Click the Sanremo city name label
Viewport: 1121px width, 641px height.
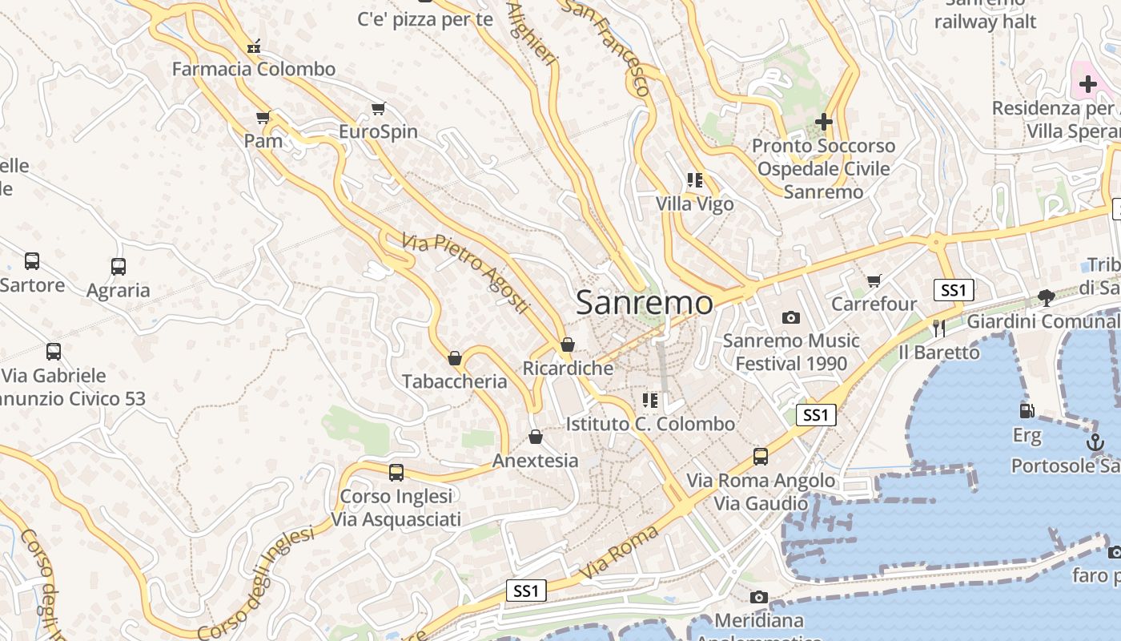click(644, 303)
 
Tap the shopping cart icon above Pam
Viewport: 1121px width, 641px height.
click(263, 118)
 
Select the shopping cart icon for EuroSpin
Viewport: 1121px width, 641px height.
click(379, 108)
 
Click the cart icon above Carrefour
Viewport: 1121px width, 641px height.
click(874, 280)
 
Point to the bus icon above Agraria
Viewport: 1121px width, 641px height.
click(119, 267)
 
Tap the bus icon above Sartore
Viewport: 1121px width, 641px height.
click(32, 261)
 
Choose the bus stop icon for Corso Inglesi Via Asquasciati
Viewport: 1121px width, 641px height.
click(396, 473)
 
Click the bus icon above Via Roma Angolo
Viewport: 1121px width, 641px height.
click(761, 457)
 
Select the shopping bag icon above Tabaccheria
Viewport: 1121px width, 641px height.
click(455, 358)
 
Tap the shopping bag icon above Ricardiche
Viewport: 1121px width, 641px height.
click(568, 345)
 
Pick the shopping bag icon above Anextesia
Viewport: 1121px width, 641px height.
click(536, 437)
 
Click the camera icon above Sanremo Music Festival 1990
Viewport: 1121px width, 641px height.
click(791, 318)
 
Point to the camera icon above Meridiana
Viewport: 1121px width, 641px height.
click(759, 597)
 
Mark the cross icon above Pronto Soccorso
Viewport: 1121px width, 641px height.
click(823, 122)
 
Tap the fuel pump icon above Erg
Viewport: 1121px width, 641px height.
click(1027, 411)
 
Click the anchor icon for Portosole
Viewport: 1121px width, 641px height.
click(1095, 441)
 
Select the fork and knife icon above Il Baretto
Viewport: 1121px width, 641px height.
click(939, 328)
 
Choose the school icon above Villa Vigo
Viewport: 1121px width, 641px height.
click(694, 180)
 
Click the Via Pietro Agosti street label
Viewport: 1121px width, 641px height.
click(466, 273)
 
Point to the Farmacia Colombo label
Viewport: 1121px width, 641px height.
click(254, 69)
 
